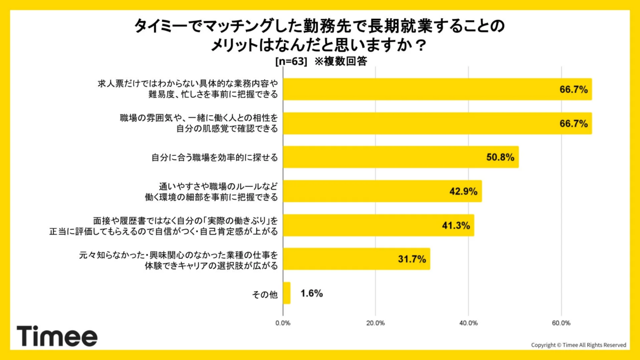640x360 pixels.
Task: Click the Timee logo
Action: pyautogui.click(x=57, y=336)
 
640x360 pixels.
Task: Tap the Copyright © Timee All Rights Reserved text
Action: pyautogui.click(x=579, y=345)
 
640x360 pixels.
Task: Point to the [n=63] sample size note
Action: pyautogui.click(x=291, y=61)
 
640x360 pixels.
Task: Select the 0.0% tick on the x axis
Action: pyautogui.click(x=283, y=323)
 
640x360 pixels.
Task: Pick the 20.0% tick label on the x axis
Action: pyautogui.click(x=375, y=323)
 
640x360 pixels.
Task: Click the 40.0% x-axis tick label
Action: pyautogui.click(x=468, y=323)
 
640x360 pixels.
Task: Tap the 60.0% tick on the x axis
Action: pyautogui.click(x=561, y=323)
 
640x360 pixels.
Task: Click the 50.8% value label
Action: pyautogui.click(x=500, y=157)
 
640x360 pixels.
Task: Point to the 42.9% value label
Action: pyautogui.click(x=463, y=191)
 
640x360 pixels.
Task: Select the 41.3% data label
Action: pyautogui.click(x=456, y=226)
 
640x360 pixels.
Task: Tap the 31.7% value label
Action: pyautogui.click(x=412, y=260)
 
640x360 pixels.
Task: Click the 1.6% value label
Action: pyautogui.click(x=311, y=293)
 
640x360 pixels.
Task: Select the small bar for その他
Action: pyautogui.click(x=286, y=293)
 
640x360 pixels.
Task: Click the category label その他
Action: pyautogui.click(x=265, y=294)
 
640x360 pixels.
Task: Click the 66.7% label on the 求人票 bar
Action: pyautogui.click(x=574, y=90)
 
